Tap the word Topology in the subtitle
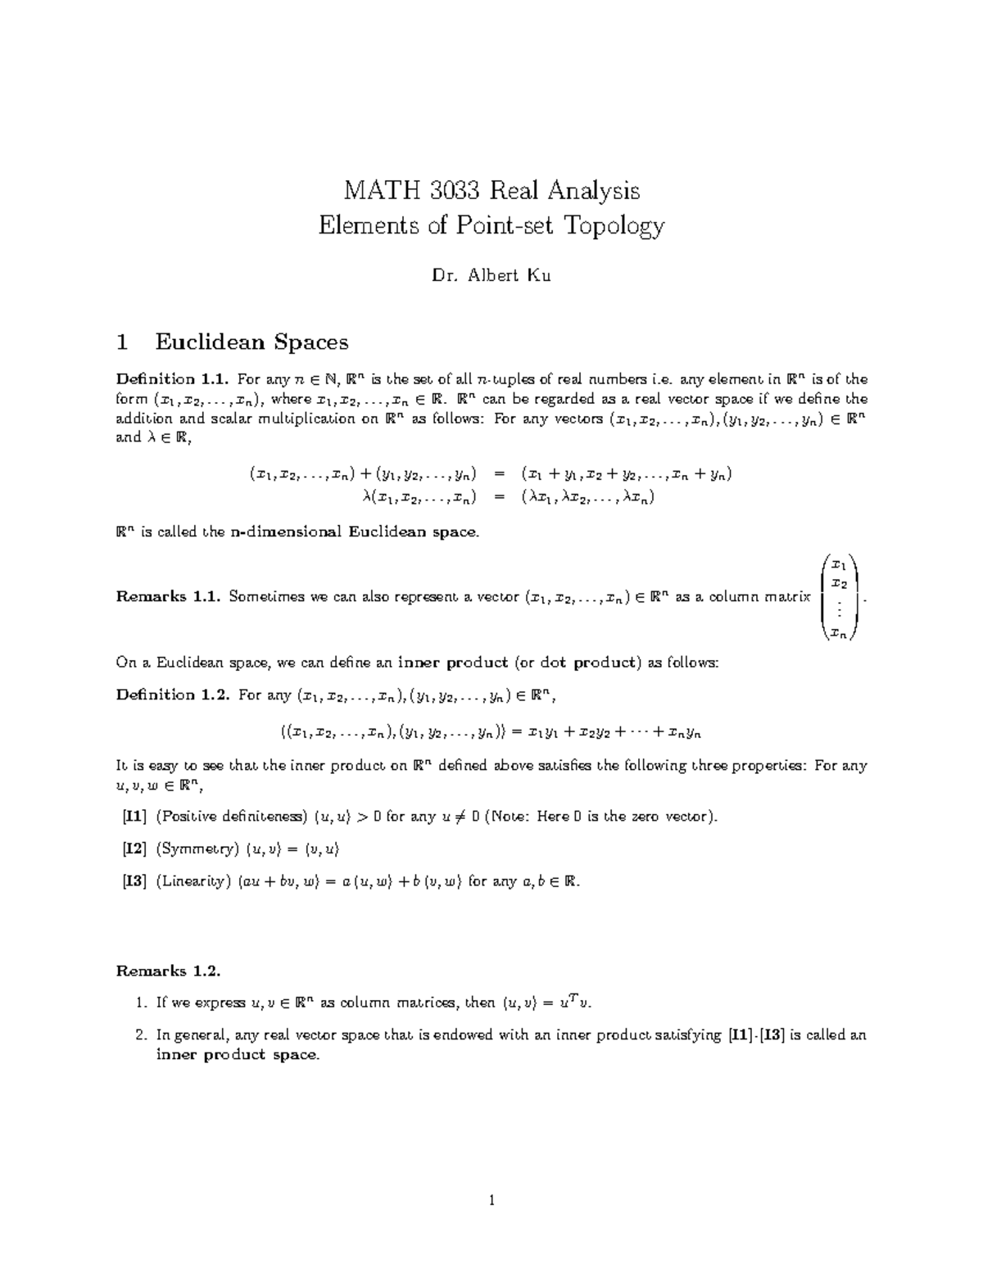(613, 225)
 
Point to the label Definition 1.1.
(170, 379)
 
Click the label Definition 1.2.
(170, 695)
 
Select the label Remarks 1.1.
(168, 597)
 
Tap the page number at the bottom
(491, 1202)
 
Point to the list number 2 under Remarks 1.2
(139, 1034)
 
